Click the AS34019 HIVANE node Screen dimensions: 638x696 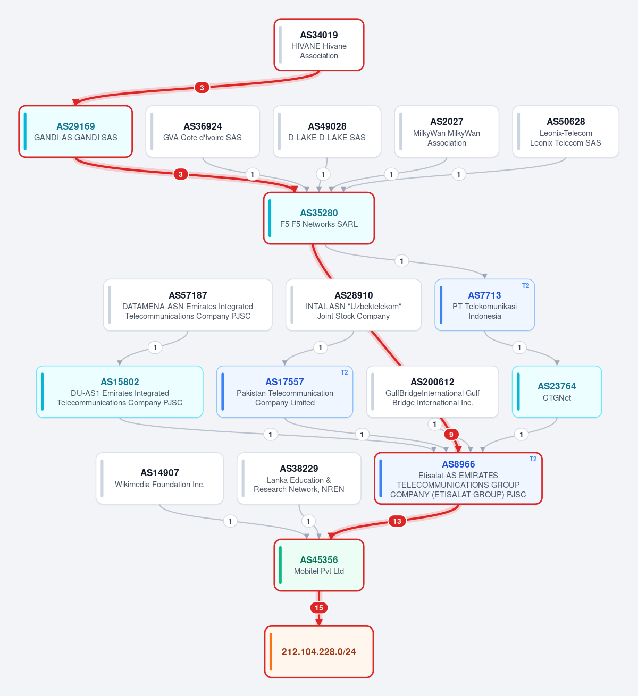(x=319, y=45)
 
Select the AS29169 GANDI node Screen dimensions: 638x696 (x=75, y=132)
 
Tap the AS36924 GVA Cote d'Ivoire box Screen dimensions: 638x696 (x=203, y=132)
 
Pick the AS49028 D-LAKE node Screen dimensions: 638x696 (x=327, y=132)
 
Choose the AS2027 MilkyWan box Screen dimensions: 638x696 (x=447, y=132)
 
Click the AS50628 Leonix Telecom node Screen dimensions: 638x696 (x=566, y=132)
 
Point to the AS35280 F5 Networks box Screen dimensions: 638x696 (x=319, y=218)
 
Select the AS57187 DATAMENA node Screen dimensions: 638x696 (x=188, y=305)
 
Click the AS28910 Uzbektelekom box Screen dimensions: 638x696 (x=354, y=305)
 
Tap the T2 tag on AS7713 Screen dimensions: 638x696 (x=525, y=285)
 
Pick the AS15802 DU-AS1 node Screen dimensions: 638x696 (x=120, y=392)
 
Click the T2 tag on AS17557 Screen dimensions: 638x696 (x=344, y=372)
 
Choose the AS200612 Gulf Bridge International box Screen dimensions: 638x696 (x=432, y=392)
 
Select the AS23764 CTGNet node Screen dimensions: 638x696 (x=557, y=392)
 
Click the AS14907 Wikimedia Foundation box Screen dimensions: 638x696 (x=159, y=479)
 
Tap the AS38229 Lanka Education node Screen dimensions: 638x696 (x=299, y=479)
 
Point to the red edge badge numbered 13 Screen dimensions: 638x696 (x=397, y=521)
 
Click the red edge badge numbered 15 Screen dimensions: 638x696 (x=319, y=608)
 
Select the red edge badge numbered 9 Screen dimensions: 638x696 (x=451, y=435)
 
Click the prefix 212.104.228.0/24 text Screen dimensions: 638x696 (x=318, y=652)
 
